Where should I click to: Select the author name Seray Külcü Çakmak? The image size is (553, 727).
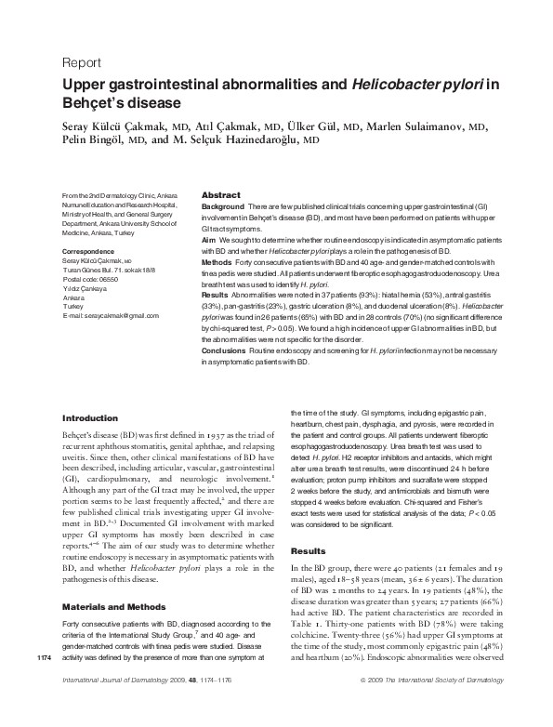[x=114, y=125]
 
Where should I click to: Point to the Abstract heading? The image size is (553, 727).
[x=221, y=184]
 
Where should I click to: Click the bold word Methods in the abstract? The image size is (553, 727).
[x=217, y=264]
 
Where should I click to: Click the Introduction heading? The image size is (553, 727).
[x=89, y=418]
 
